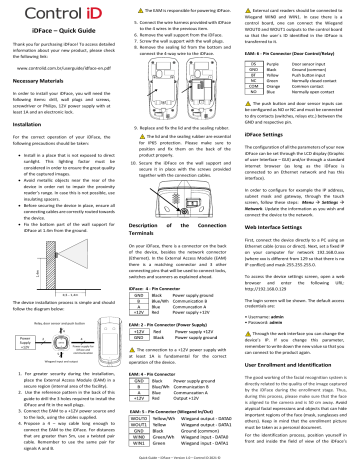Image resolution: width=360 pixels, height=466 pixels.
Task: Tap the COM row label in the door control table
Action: tap(254, 85)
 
